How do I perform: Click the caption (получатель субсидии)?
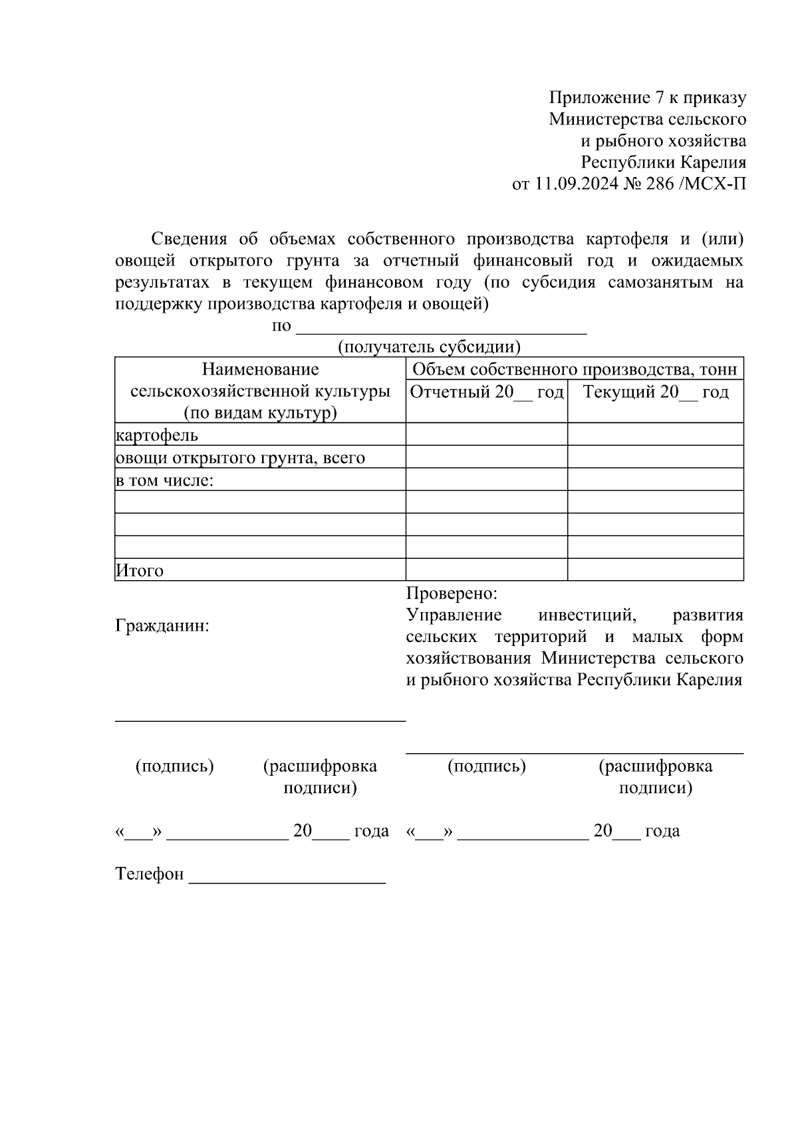pyautogui.click(x=429, y=347)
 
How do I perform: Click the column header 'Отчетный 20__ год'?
pyautogui.click(x=487, y=392)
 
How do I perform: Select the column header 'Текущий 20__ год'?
pyautogui.click(x=656, y=392)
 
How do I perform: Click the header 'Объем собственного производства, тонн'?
pyautogui.click(x=575, y=370)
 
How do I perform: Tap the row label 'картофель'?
pyautogui.click(x=157, y=435)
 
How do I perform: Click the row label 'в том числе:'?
pyautogui.click(x=164, y=480)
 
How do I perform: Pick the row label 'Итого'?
pyautogui.click(x=140, y=570)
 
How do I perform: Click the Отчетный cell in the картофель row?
pyautogui.click(x=487, y=434)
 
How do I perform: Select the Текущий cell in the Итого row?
pyautogui.click(x=656, y=569)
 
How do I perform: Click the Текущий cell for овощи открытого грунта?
pyautogui.click(x=656, y=457)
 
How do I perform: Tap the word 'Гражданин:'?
pyautogui.click(x=162, y=626)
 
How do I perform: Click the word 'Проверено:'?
pyautogui.click(x=452, y=593)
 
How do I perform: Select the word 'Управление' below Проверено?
pyautogui.click(x=454, y=615)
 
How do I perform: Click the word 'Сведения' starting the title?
pyautogui.click(x=190, y=239)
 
